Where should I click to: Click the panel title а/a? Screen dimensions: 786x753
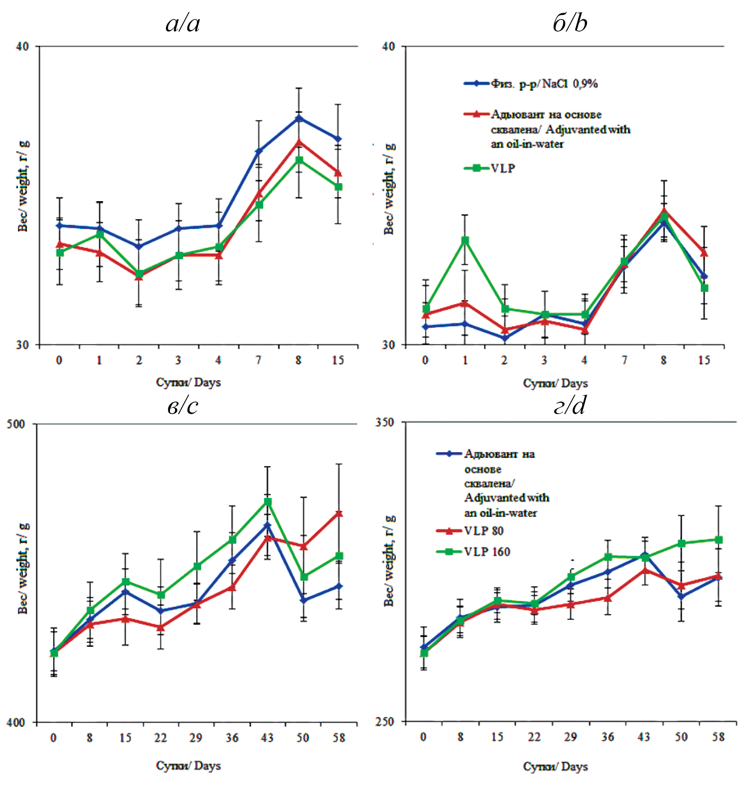coord(183,23)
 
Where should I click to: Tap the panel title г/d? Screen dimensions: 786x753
coord(569,406)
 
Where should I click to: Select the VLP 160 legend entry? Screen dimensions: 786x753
coord(473,552)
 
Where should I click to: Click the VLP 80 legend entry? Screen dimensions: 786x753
coord(469,531)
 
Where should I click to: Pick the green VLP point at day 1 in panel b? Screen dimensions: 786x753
coord(465,241)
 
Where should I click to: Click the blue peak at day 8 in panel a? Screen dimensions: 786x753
coord(299,118)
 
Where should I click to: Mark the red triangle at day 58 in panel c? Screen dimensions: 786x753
coord(339,513)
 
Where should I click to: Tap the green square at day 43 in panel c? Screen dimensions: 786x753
coord(267,502)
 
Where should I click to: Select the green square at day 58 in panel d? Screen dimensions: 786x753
coord(719,540)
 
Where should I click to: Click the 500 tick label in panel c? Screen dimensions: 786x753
coord(16,424)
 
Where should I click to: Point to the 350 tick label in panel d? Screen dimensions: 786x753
coord(384,422)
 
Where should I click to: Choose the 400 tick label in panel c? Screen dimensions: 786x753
coord(16,722)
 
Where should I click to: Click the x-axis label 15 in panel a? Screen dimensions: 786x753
coord(338,360)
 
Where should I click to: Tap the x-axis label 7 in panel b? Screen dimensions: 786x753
coord(624,360)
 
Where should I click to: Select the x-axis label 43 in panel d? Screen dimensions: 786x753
coord(643,737)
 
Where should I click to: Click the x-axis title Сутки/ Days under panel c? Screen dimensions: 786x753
coord(188,765)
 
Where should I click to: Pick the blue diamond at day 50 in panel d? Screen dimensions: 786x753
coord(681,596)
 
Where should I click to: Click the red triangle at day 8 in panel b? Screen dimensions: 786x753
coord(664,211)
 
